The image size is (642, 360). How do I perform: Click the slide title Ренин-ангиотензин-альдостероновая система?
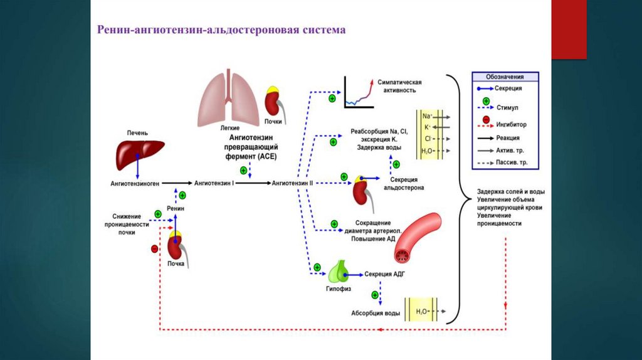(221, 30)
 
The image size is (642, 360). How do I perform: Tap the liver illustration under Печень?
(139, 151)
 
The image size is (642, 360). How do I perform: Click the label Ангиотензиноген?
(135, 184)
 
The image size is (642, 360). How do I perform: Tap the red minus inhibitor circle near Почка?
(155, 250)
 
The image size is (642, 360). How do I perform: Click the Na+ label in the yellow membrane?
(427, 117)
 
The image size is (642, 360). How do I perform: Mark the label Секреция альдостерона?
(404, 183)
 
